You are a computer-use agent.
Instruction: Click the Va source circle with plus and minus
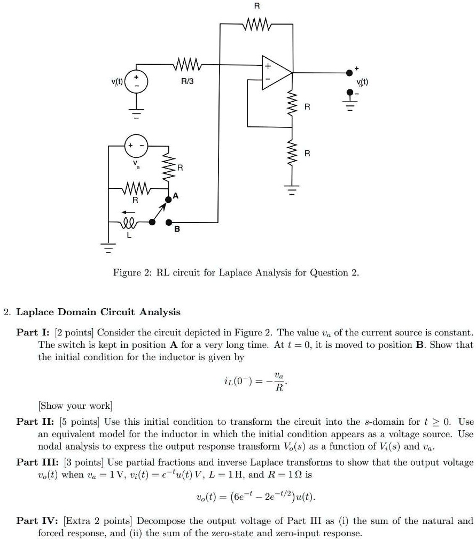tap(136, 145)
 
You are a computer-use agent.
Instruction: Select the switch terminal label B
tap(177, 230)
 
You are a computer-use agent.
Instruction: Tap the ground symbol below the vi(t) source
tap(136, 112)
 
